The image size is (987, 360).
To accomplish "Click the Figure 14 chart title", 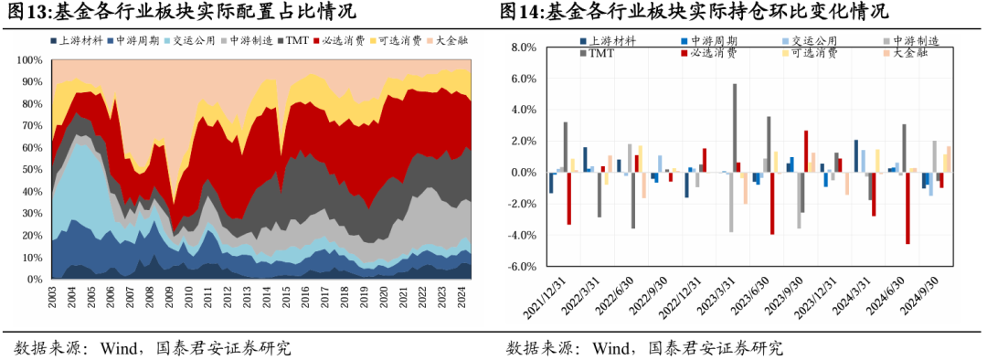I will (x=694, y=12).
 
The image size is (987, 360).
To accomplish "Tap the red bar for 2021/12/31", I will (x=568, y=198).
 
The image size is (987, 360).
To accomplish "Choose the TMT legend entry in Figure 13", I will (x=296, y=41).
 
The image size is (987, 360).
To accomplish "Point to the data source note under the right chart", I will (x=645, y=347).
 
